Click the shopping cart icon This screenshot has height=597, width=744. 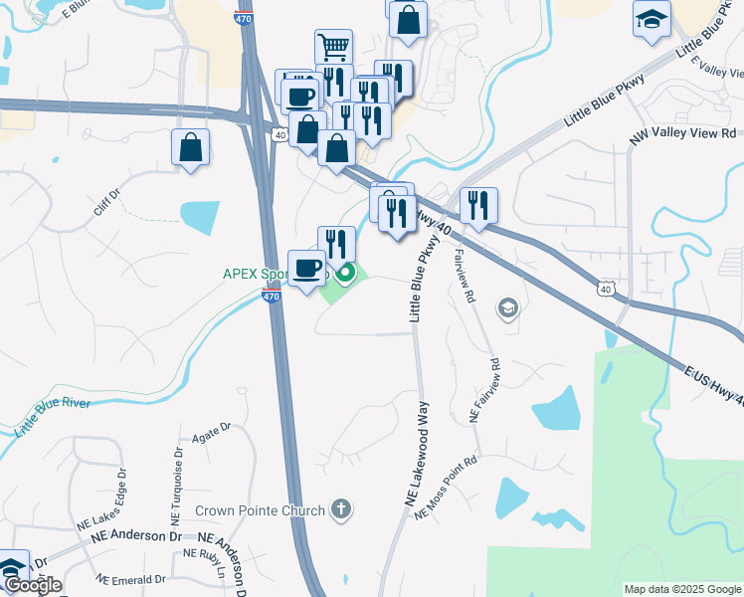334,45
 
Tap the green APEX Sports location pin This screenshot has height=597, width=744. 346,273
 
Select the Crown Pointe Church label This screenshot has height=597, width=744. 260,511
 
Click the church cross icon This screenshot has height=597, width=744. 341,510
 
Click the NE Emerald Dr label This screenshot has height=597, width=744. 129,578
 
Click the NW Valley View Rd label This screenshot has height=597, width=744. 683,132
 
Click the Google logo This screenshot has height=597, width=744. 32,585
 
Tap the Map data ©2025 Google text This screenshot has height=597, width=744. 681,589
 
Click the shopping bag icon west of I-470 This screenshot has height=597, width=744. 190,148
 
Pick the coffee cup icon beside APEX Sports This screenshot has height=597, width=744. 306,268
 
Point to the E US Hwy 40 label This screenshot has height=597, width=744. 710,383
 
